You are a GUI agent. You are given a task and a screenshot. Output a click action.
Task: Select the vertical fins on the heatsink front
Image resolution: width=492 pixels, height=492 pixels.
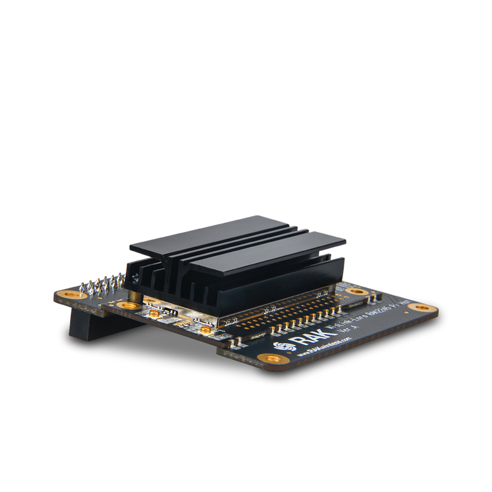[175, 286]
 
